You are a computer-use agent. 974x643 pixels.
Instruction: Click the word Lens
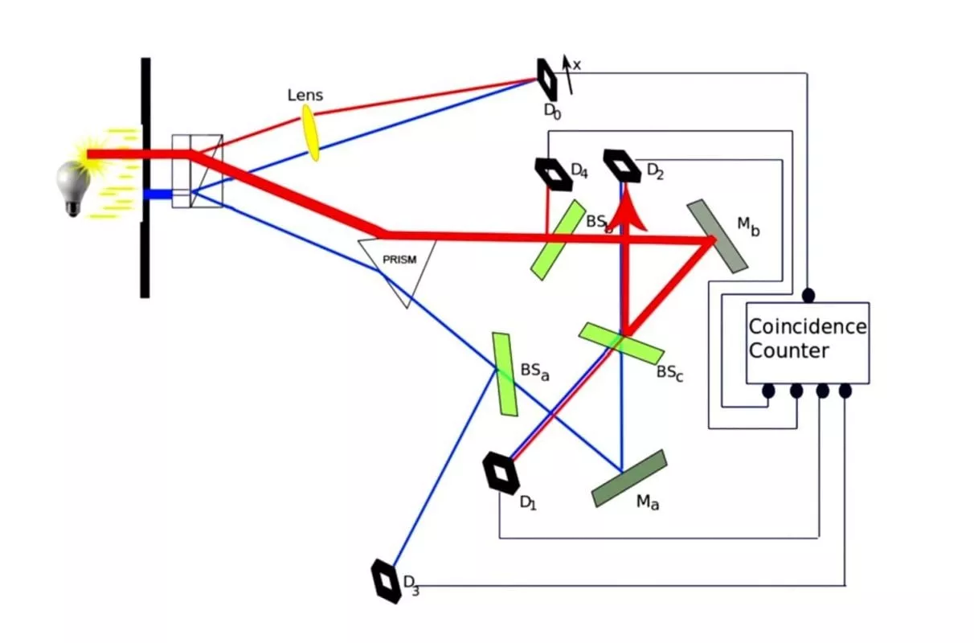coord(305,96)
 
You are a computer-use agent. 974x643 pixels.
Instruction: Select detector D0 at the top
coord(547,78)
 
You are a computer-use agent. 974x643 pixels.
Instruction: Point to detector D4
coord(553,174)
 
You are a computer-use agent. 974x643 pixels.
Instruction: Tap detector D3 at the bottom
coord(387,581)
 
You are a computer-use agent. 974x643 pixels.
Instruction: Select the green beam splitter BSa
coord(505,374)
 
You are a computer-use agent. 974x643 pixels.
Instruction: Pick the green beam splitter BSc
coord(621,343)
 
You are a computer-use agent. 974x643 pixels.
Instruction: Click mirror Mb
coord(717,235)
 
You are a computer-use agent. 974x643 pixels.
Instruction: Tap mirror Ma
coord(629,477)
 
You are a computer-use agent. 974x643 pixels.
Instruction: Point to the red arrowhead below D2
coord(624,216)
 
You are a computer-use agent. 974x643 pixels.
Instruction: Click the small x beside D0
coord(576,65)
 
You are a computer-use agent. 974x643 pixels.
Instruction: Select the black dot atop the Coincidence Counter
coord(808,295)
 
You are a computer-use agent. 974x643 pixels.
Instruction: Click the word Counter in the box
coord(788,351)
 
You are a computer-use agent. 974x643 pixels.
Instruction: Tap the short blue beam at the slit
coord(158,194)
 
